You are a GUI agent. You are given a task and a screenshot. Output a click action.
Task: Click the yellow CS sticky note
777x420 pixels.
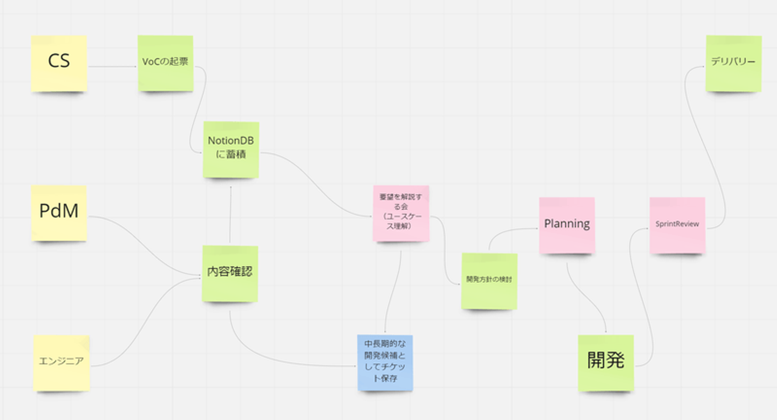(x=59, y=64)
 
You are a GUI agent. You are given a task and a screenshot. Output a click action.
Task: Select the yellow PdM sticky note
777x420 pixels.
(x=59, y=213)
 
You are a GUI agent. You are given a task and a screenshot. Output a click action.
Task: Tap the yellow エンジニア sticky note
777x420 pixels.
(x=62, y=363)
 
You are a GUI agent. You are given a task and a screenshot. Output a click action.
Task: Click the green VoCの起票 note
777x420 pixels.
(x=166, y=63)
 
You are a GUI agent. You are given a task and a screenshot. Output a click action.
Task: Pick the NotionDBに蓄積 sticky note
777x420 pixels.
(x=231, y=150)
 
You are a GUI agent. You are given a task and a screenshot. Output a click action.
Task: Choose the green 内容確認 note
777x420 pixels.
(x=230, y=274)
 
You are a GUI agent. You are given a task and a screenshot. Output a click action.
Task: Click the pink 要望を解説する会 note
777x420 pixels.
(x=401, y=213)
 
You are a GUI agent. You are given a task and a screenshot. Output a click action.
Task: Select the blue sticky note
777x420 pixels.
(x=385, y=363)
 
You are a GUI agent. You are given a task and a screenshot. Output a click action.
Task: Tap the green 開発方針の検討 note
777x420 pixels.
(x=489, y=281)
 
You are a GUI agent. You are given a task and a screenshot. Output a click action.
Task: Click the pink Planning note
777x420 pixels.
(x=567, y=225)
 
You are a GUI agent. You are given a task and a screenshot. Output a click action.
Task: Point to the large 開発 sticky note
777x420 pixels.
(x=606, y=363)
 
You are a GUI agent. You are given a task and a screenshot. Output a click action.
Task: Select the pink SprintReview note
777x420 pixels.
(x=678, y=225)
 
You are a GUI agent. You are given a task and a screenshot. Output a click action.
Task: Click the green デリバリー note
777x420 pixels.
(x=734, y=64)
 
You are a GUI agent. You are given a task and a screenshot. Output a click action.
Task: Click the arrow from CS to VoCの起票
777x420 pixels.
(x=113, y=66)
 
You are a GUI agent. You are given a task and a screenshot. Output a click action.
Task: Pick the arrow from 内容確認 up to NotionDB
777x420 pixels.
(x=230, y=214)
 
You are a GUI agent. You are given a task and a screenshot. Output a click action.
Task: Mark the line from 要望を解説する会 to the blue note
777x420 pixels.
(x=393, y=292)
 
